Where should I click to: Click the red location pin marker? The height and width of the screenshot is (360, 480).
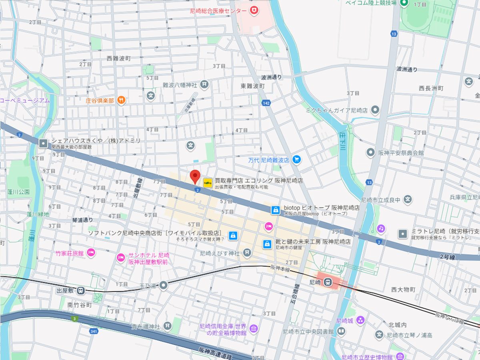point(195,176)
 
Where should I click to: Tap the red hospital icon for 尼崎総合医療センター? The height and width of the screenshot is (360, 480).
point(253,10)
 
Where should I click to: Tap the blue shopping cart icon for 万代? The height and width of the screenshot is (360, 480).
point(296,160)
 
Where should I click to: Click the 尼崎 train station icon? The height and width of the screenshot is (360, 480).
point(328,282)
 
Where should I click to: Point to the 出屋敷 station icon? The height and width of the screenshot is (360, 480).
point(81,290)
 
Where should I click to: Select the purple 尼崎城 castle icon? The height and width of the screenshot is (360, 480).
point(360,320)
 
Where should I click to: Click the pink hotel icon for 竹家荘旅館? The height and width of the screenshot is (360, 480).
point(91,253)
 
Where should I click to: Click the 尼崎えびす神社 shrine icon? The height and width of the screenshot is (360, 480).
point(247,252)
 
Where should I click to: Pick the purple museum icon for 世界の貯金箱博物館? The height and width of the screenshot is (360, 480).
point(253,329)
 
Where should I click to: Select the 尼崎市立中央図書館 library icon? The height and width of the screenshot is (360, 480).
point(341,331)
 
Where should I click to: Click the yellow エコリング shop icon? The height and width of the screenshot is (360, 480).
point(208,183)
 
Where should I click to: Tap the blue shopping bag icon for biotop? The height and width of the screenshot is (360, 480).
point(275,210)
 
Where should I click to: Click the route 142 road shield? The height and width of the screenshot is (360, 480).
point(266,103)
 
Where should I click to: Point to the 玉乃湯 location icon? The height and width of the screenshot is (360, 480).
point(163,286)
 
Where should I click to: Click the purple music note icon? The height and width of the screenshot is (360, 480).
point(381,228)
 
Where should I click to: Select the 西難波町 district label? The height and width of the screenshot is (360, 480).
point(119,58)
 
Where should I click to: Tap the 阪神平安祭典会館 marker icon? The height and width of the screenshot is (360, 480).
point(371,152)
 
